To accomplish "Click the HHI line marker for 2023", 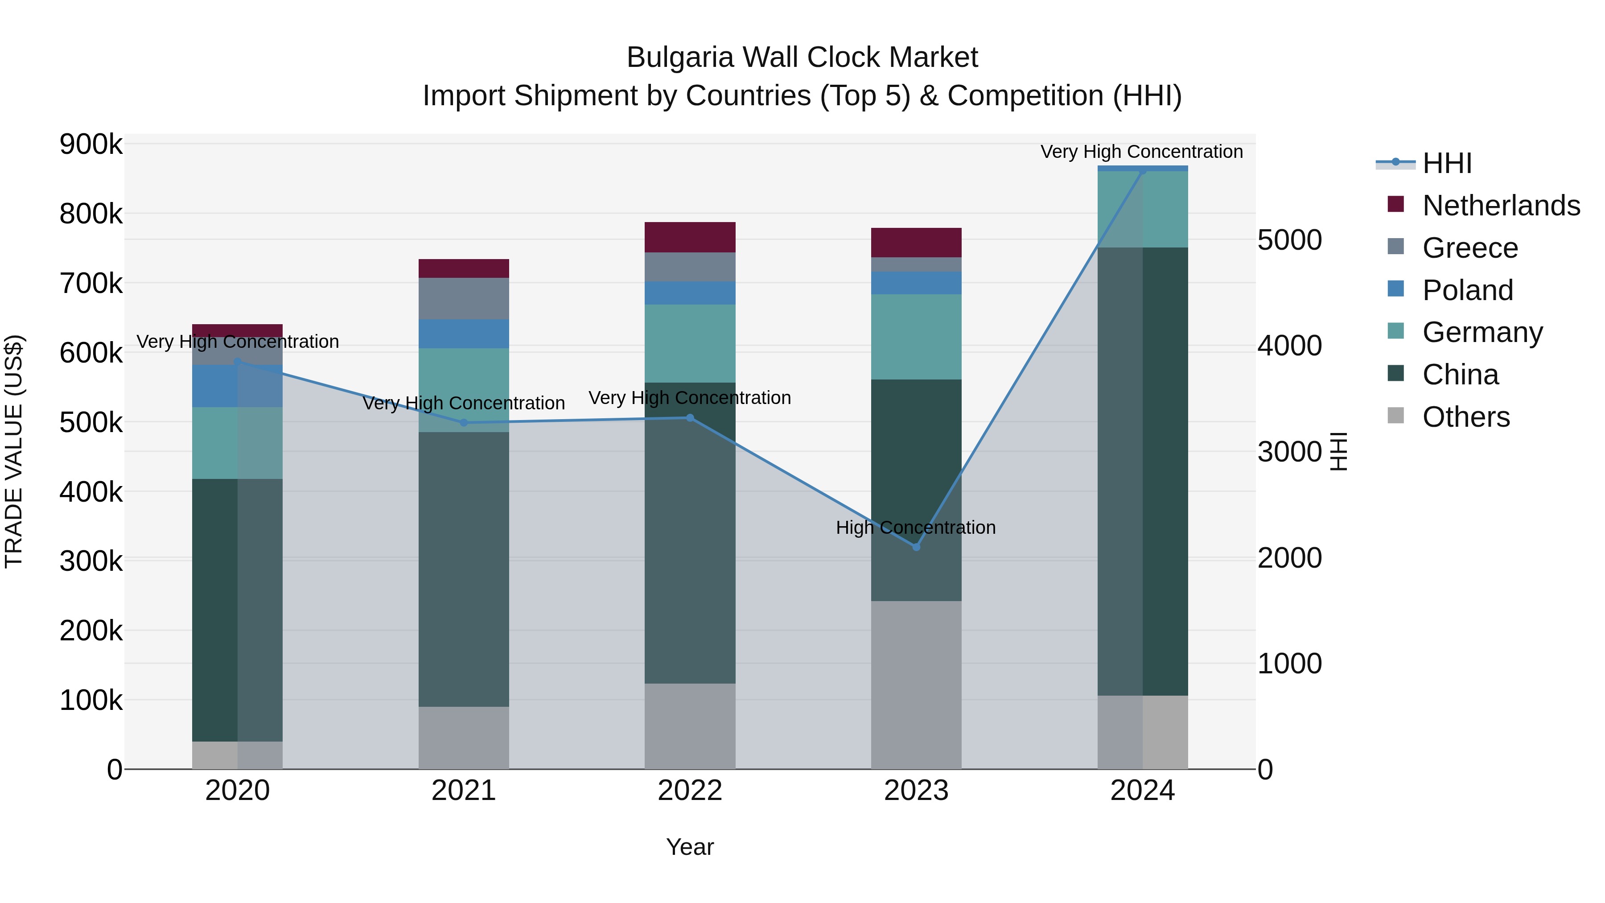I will pos(916,547).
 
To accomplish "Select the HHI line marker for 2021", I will pos(464,423).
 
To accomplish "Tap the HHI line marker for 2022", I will pos(690,417).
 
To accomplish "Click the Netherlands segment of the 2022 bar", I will pos(690,237).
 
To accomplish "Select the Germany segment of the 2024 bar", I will pos(1142,209).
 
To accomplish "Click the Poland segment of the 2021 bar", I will pos(464,334).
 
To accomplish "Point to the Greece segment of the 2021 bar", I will pos(464,298).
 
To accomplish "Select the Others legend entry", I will pos(1465,417).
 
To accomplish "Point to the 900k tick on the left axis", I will pos(91,144).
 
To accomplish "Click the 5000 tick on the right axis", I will pos(1289,240).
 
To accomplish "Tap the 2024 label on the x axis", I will pos(1142,791).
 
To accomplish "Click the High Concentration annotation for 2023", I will pos(915,527).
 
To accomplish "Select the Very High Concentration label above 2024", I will pos(1141,152).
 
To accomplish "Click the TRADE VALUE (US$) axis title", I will pos(14,451).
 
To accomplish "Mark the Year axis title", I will pos(690,847).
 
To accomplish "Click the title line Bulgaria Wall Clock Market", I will pos(802,58).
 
